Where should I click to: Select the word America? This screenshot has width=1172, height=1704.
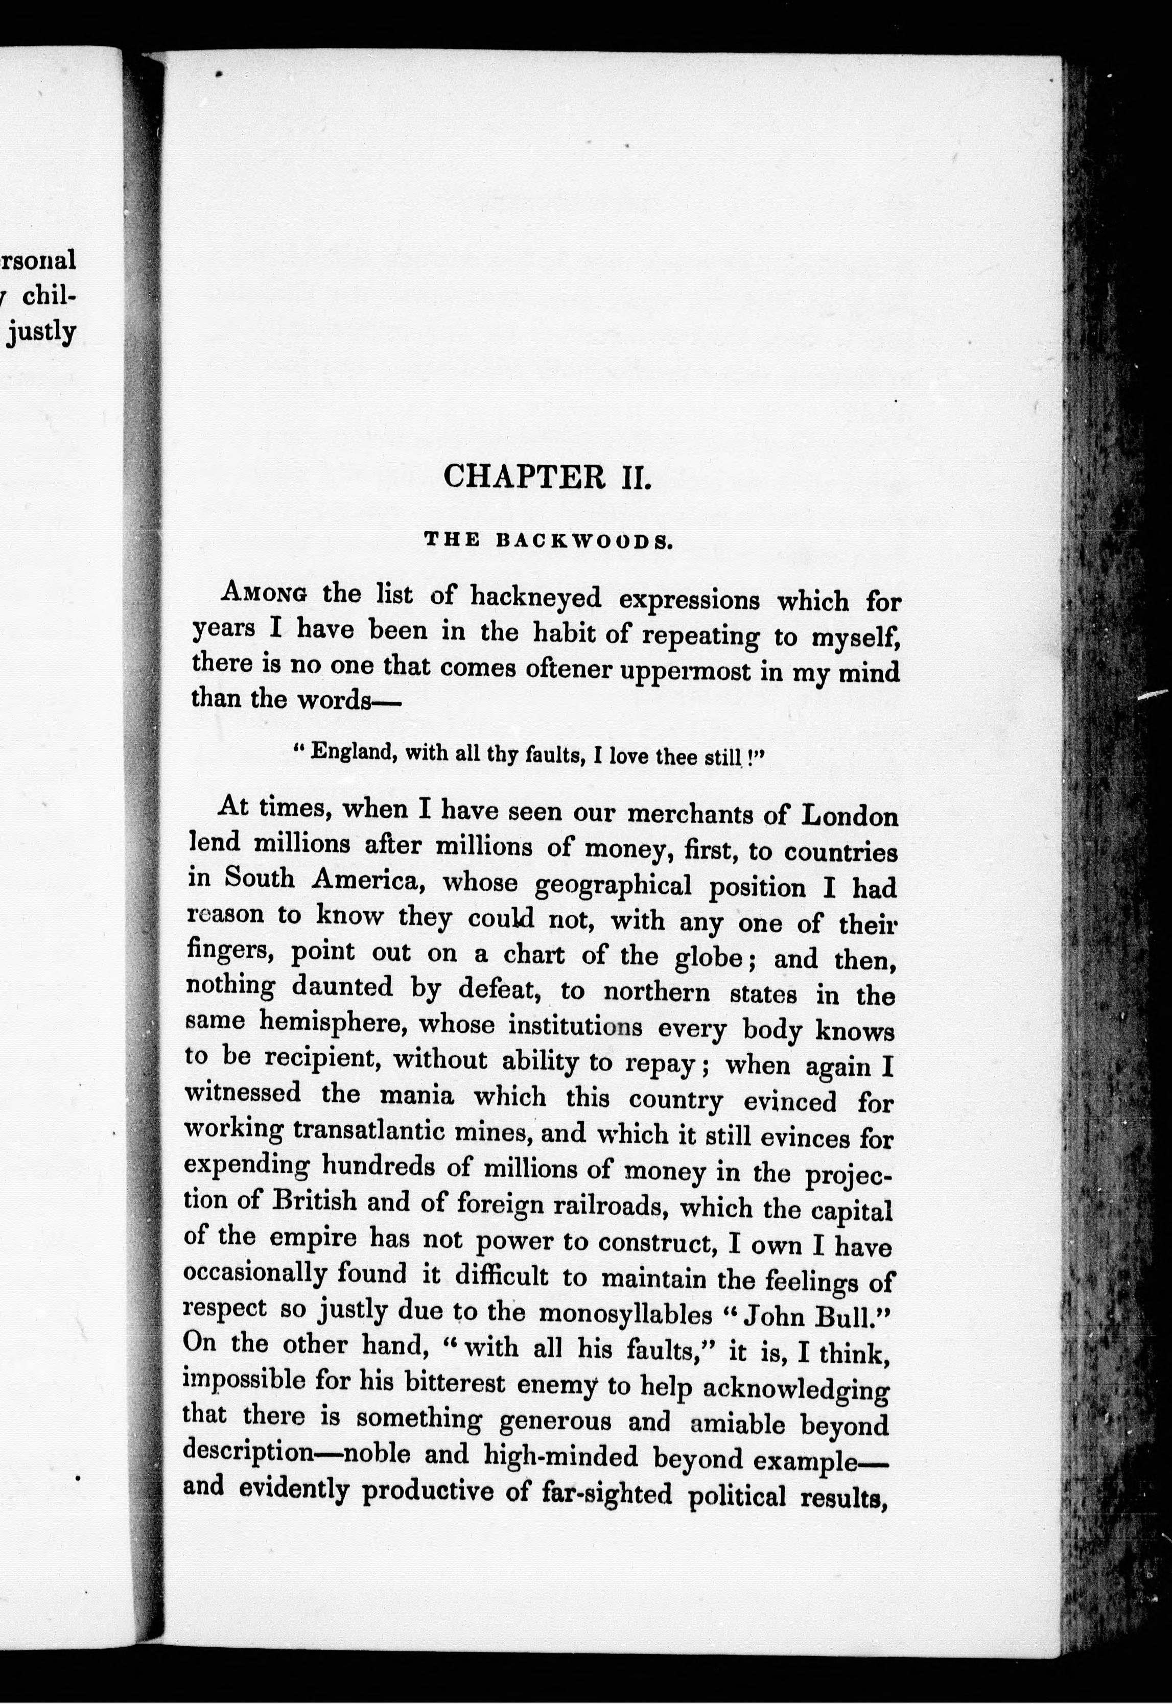point(364,880)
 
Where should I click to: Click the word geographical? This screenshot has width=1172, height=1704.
point(613,885)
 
